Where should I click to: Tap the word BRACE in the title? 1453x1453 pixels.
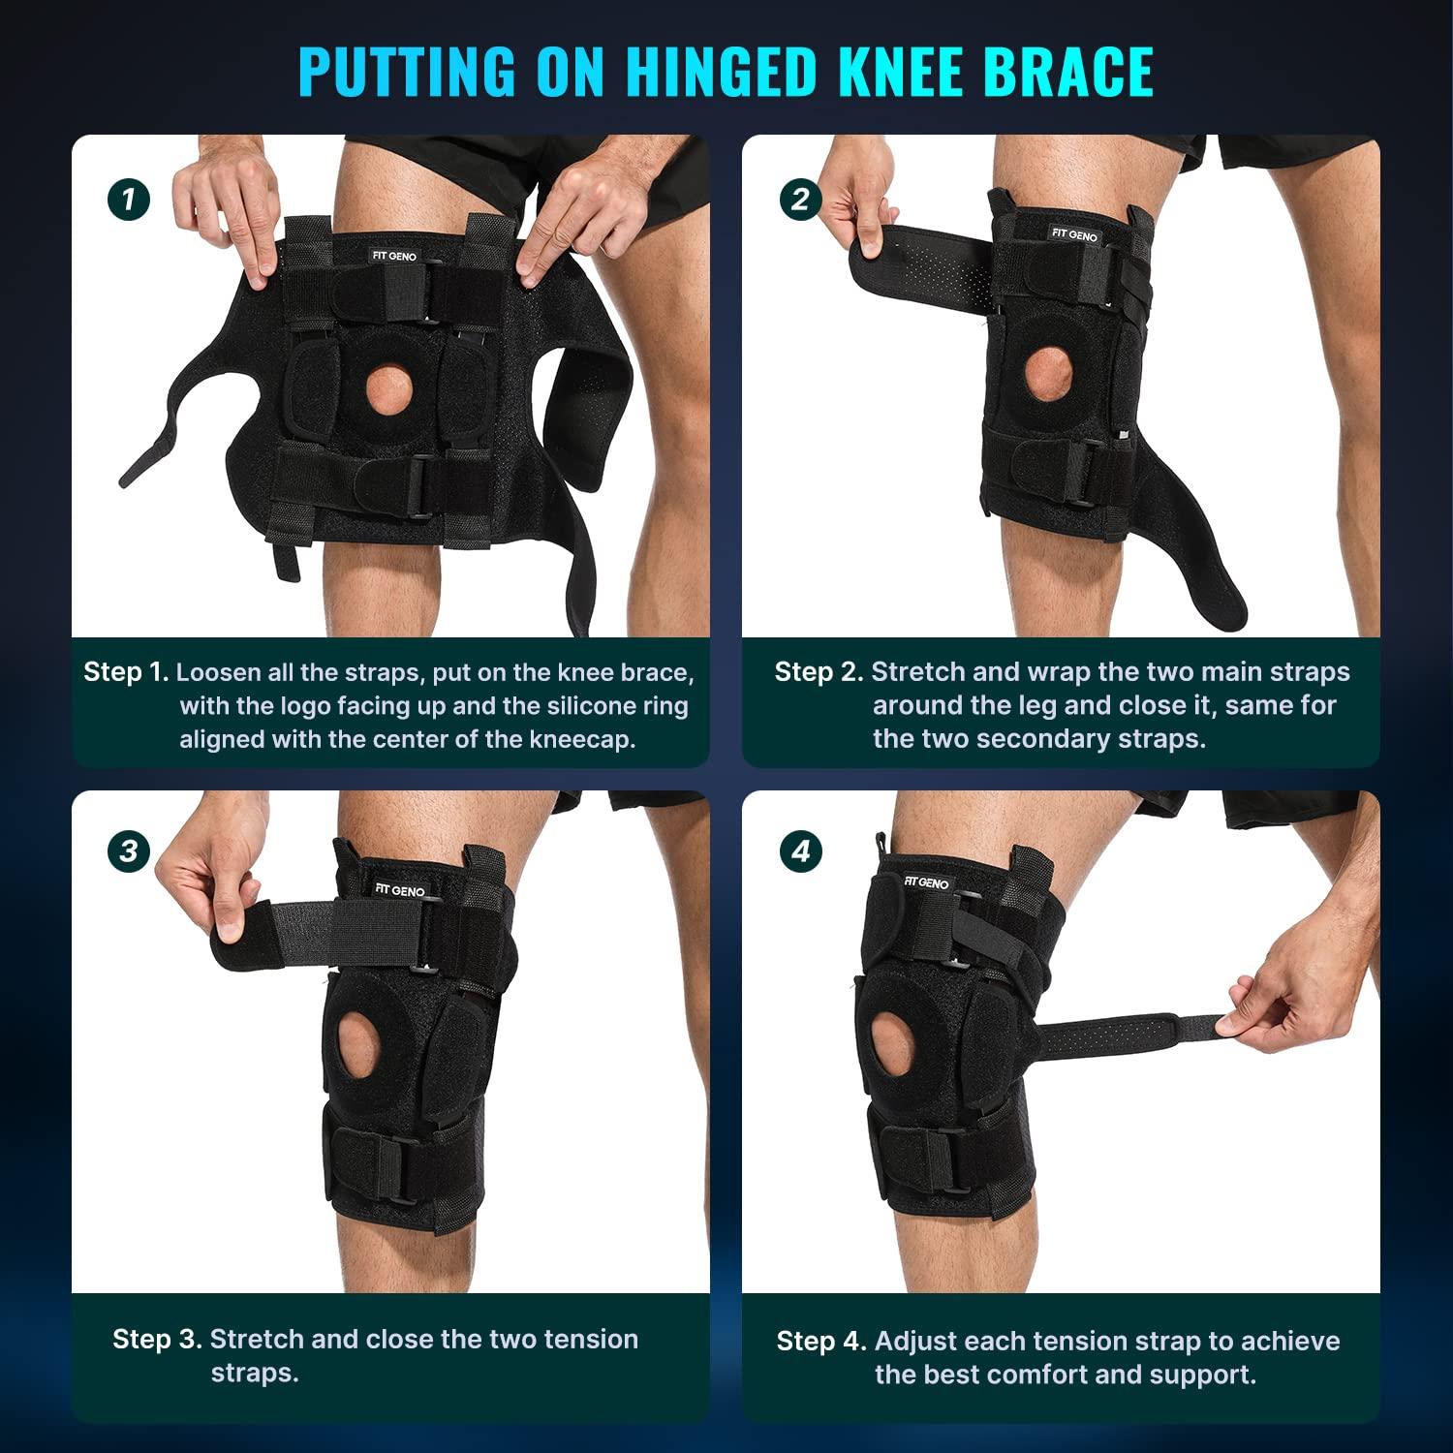pos(1061,70)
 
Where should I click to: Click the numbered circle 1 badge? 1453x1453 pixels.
pos(128,200)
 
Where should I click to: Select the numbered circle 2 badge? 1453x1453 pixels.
pos(800,200)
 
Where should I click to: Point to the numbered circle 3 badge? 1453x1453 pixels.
pos(128,851)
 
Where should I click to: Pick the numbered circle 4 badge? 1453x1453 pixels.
pos(800,851)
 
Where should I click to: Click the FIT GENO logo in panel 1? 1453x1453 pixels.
pos(392,256)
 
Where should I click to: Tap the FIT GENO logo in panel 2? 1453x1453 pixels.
pos(1074,234)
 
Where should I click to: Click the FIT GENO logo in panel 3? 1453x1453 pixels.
pos(400,889)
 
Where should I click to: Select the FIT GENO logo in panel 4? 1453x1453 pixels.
pos(926,882)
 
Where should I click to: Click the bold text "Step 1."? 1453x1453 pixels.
pos(126,672)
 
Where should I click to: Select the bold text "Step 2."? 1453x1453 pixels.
pos(819,672)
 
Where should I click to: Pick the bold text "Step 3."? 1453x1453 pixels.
pos(158,1340)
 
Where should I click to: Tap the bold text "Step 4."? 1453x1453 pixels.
pos(821,1342)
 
